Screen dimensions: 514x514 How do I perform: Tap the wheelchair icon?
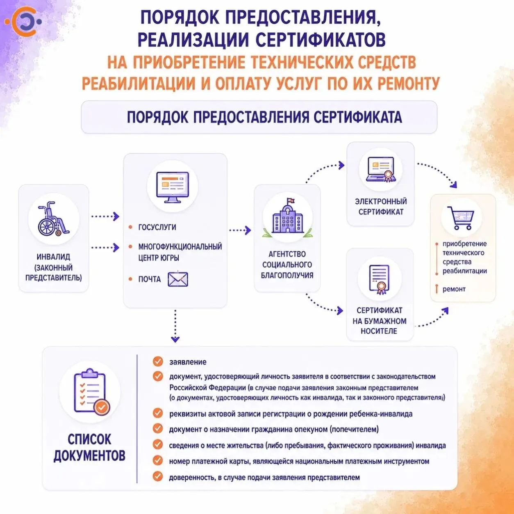tap(53, 218)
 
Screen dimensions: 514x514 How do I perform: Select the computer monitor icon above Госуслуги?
tap(172, 187)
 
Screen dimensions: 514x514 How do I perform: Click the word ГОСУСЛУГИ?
tap(157, 227)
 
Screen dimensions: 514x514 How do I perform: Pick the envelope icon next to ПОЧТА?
tap(178, 279)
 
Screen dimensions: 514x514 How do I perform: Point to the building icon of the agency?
tap(287, 217)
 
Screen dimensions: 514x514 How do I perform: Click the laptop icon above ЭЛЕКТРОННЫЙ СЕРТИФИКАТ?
tap(381, 169)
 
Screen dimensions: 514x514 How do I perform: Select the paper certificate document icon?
tap(379, 279)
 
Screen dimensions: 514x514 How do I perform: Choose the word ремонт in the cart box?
tap(454, 289)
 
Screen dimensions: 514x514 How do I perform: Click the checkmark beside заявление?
tap(158, 361)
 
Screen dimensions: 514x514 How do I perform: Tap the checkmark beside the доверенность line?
tap(158, 477)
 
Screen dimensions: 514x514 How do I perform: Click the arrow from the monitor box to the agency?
tap(240, 230)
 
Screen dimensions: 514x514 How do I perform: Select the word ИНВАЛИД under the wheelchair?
tap(53, 257)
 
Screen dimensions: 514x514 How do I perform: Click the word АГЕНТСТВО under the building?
tap(287, 254)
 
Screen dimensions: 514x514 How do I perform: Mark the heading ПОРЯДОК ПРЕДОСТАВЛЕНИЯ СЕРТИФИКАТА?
tap(264, 117)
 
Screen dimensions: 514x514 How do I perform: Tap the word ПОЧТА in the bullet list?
tap(149, 279)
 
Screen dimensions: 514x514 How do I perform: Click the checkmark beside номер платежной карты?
tap(158, 460)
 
